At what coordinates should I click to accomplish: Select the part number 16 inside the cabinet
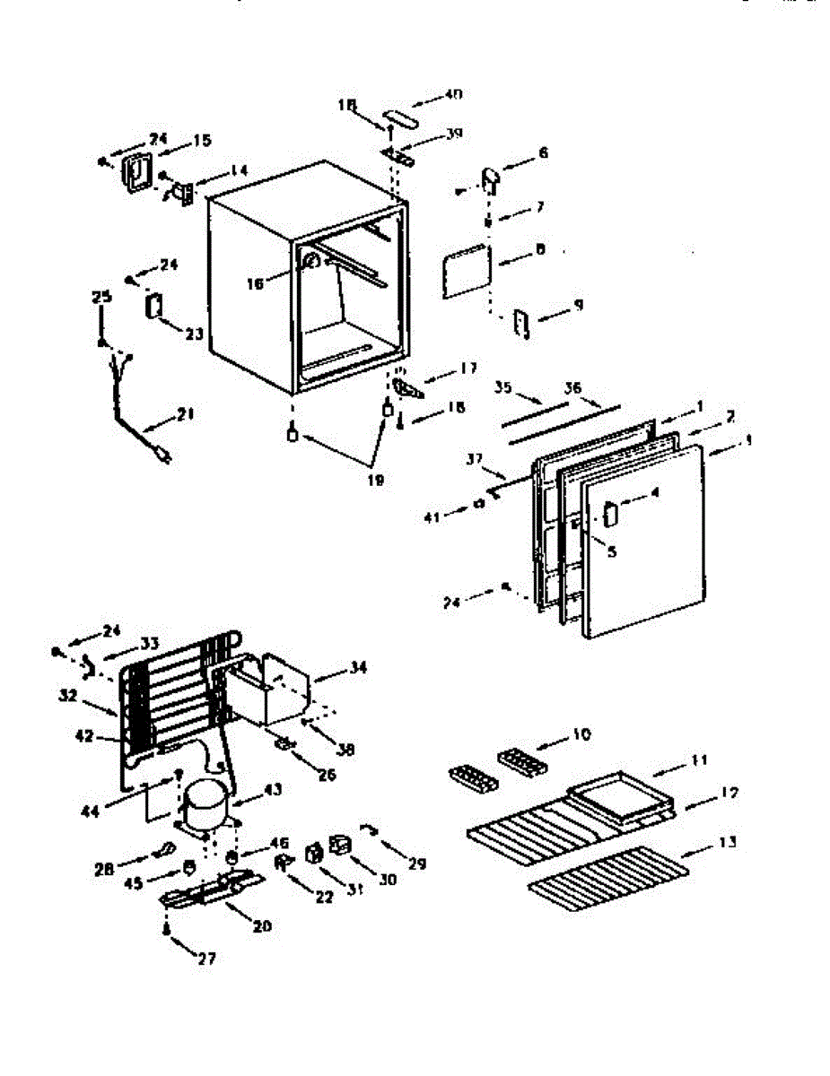(256, 284)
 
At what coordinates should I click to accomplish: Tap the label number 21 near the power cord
(186, 414)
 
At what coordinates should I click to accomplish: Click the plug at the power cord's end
(162, 456)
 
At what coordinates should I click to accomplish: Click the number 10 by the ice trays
(581, 735)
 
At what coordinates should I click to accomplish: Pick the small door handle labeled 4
(611, 514)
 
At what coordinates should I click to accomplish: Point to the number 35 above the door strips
(502, 388)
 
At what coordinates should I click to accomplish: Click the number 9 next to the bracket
(578, 305)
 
